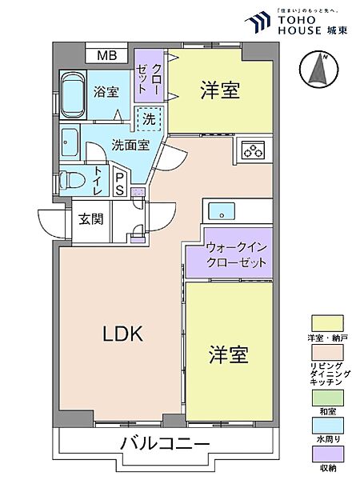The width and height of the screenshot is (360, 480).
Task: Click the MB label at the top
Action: (x=106, y=56)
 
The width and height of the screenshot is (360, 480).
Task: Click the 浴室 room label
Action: (x=106, y=92)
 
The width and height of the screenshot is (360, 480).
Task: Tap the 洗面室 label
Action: (x=130, y=146)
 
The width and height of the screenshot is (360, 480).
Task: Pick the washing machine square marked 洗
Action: (x=150, y=119)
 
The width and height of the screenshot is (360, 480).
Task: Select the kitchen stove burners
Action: (x=253, y=149)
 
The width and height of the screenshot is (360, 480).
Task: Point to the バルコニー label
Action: (x=166, y=444)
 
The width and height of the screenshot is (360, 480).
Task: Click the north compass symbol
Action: (x=318, y=70)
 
